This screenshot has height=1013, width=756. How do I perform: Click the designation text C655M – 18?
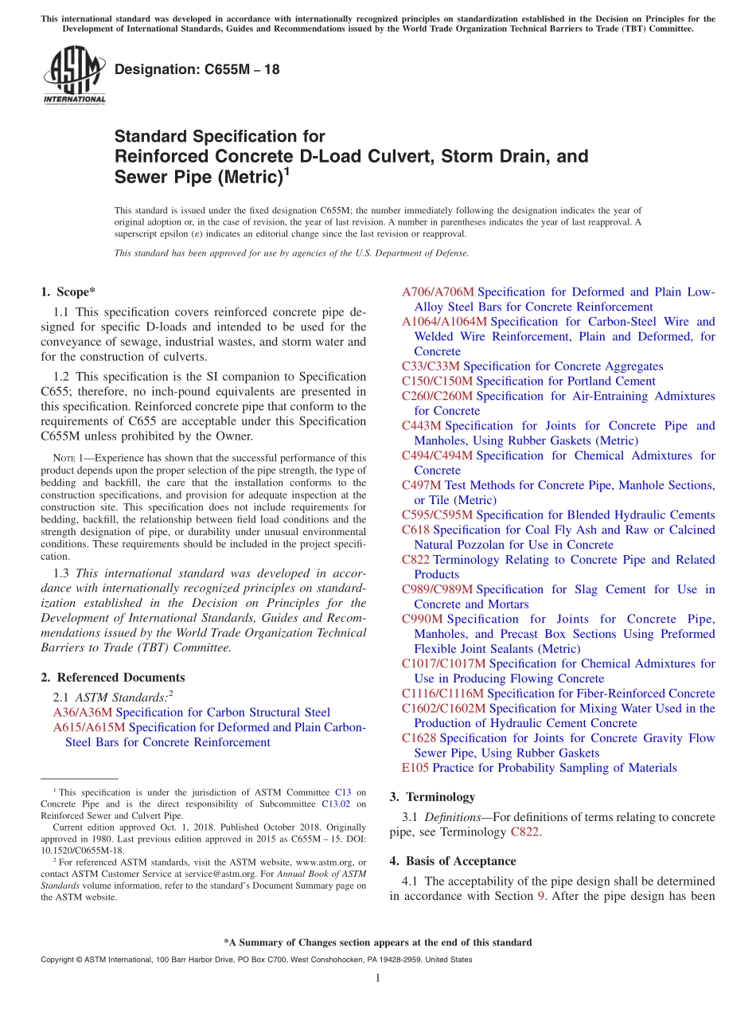(197, 69)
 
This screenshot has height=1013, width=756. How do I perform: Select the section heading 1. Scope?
(68, 291)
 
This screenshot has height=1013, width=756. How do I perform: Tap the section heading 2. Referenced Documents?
(112, 677)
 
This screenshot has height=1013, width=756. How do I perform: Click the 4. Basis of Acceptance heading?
(452, 861)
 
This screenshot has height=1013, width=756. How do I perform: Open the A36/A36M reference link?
(83, 712)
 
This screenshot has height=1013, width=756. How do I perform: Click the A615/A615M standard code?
(89, 727)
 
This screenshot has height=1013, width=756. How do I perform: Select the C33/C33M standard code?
(431, 366)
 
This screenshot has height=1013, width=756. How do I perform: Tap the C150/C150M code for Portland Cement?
(437, 381)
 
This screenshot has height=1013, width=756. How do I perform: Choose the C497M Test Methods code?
(421, 485)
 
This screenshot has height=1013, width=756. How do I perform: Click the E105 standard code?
(415, 768)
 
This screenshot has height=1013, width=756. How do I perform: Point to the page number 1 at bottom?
(378, 978)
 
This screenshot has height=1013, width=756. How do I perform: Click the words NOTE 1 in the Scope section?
(68, 458)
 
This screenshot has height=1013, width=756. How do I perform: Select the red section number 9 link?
(541, 896)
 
